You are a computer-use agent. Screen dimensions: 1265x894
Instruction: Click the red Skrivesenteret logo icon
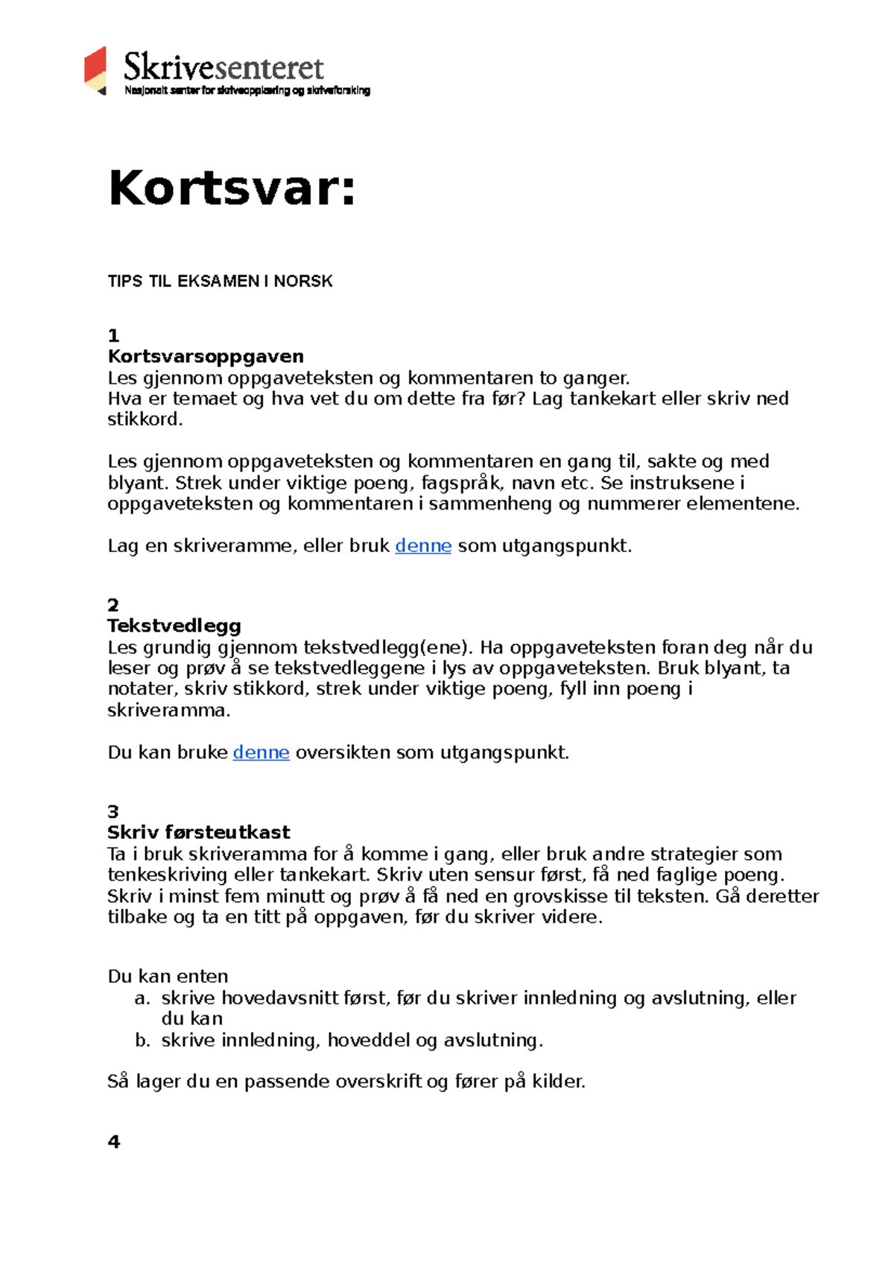tap(95, 71)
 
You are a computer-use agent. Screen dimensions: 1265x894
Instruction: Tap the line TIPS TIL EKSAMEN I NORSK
tap(220, 282)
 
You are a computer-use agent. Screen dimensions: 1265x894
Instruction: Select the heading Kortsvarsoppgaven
tap(206, 356)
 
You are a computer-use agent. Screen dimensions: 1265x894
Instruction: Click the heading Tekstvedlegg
tap(174, 626)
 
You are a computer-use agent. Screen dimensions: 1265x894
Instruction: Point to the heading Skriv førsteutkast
tap(198, 832)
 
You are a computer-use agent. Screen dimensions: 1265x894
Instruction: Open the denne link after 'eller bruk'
tap(422, 546)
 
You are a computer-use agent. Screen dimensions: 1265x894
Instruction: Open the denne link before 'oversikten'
tap(261, 752)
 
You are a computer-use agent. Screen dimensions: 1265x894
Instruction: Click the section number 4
tap(113, 1141)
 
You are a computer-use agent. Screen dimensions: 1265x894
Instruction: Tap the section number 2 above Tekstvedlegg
tap(112, 605)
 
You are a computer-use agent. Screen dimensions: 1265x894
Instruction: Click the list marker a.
tap(142, 998)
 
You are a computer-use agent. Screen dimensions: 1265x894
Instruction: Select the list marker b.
tap(142, 1041)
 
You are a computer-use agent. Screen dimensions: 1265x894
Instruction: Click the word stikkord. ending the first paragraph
tap(145, 419)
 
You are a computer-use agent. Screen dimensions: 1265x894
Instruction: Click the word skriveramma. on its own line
tap(169, 711)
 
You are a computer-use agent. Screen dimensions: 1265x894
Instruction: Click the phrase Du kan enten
tap(168, 977)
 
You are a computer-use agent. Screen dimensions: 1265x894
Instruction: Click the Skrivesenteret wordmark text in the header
tap(223, 67)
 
